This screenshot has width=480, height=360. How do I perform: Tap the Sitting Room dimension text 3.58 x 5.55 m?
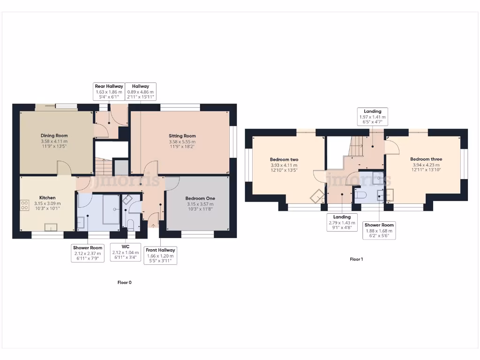point(182,142)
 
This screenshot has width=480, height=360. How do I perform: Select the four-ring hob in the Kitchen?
point(24,204)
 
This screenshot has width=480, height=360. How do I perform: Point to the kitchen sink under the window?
point(51,227)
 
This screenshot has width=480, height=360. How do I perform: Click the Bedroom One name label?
point(200,198)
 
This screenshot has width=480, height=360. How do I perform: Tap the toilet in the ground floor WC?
point(130,223)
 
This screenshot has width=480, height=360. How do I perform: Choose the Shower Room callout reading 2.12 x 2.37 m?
point(88,253)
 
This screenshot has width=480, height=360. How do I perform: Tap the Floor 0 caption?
point(124,283)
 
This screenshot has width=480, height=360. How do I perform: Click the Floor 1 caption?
point(356,259)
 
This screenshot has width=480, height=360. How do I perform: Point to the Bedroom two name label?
point(284,159)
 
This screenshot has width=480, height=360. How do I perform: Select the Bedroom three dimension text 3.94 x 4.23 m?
point(426,165)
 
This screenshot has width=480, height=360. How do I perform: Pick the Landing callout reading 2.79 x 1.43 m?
point(342,223)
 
